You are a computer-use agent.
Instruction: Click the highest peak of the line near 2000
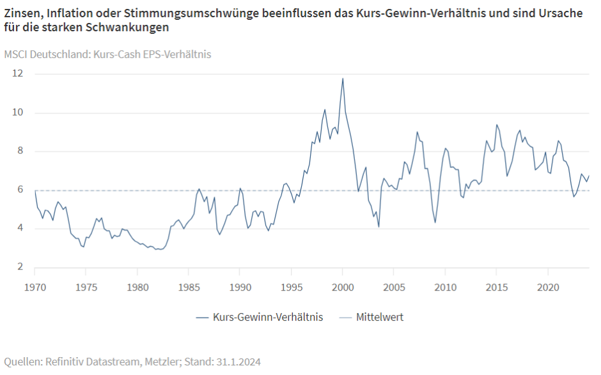[x=343, y=79]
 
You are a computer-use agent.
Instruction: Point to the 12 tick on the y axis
[x=18, y=73]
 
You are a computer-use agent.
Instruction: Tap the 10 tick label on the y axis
[x=18, y=112]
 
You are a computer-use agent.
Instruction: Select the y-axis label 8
[x=20, y=151]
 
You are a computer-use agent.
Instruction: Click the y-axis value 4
[x=20, y=228]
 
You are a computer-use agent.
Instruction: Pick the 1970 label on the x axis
[x=35, y=287]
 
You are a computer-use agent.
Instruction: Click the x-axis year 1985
[x=188, y=287]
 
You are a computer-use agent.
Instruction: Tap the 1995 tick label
[x=291, y=287]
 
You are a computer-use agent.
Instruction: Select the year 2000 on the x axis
[x=343, y=287]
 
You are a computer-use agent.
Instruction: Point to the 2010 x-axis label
[x=445, y=287]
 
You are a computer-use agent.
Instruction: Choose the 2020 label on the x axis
[x=548, y=287]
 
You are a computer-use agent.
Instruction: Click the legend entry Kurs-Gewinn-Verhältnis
[x=268, y=317]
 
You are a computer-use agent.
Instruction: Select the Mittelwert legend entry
[x=379, y=317]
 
